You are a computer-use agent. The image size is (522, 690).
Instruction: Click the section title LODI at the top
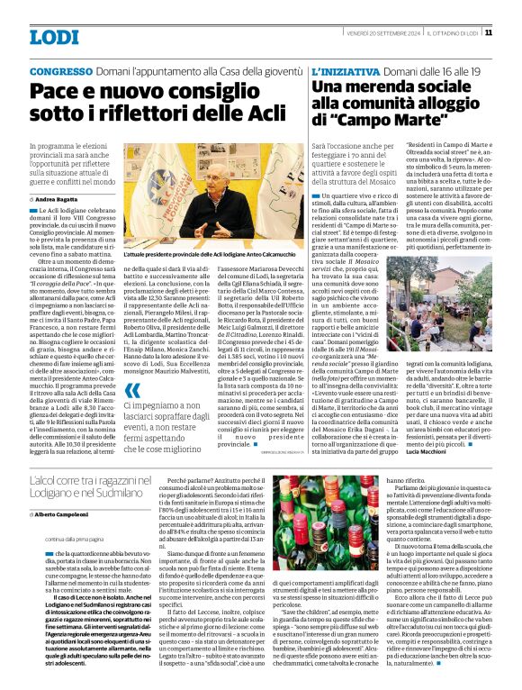pyautogui.click(x=53, y=37)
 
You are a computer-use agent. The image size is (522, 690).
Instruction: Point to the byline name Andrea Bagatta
pyautogui.click(x=57, y=197)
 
